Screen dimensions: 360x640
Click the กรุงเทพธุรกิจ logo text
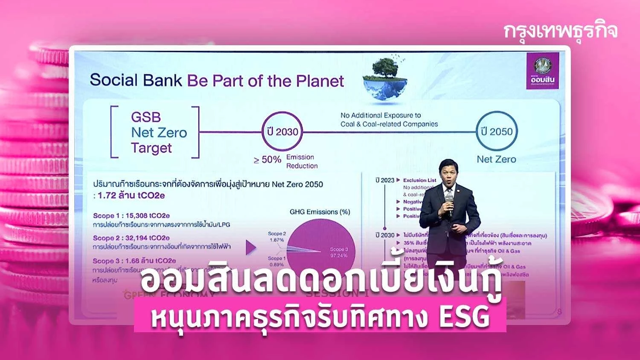560,32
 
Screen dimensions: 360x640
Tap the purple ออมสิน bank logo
542,70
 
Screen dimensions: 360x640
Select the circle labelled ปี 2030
282,132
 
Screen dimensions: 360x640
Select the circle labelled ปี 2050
496,131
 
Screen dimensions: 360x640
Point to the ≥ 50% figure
268,160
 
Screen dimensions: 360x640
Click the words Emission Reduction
301,162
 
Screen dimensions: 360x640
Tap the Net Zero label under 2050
496,160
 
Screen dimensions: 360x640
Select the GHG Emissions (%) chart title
320,212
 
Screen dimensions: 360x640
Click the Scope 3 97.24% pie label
339,253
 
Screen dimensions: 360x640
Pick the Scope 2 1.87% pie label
277,237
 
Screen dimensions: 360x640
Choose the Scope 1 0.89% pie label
276,261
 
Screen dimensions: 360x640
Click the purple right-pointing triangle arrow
251,247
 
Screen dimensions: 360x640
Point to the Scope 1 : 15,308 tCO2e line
131,216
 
